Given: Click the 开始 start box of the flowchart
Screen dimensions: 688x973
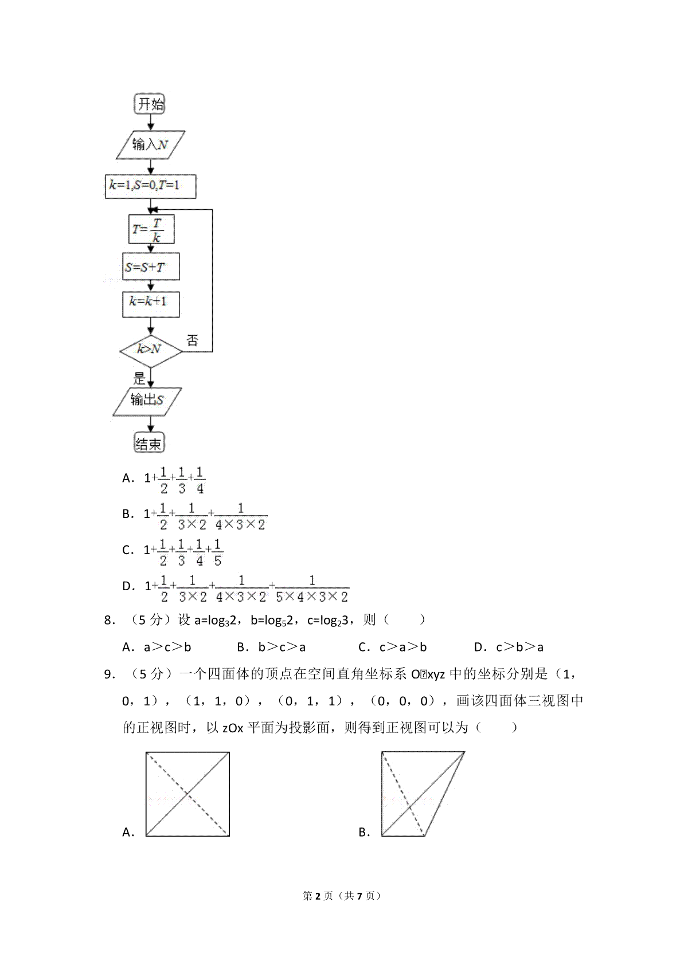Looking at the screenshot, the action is pos(149,104).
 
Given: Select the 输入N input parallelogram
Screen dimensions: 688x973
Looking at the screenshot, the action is pos(150,144).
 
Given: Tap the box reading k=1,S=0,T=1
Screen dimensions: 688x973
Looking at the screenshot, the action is pos(150,186).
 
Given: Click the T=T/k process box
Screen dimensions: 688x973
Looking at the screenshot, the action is pos(151,229).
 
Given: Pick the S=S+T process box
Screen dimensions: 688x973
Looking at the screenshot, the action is pos(151,266).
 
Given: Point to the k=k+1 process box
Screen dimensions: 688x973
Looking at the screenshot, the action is pos(151,304).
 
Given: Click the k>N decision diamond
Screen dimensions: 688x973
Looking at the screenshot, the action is pos(151,351).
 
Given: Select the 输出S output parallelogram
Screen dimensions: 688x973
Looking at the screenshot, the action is pos(147,401).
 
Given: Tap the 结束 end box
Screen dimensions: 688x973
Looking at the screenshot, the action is pos(149,442).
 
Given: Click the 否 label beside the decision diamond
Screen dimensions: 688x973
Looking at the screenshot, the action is pos(193,340).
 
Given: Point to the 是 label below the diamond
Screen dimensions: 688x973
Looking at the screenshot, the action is pos(139,378).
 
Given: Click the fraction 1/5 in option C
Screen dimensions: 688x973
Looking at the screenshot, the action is pos(218,552).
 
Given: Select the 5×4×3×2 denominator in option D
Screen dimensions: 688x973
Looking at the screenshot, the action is pos(312,597).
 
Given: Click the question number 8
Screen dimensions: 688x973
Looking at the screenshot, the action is pos(109,620).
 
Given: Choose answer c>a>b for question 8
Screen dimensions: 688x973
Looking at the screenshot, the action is pos(403,647).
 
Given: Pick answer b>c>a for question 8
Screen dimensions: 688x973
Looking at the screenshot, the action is pos(282,647).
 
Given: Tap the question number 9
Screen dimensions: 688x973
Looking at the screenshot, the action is pos(109,674).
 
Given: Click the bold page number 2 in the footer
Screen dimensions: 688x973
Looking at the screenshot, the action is pos(318,896).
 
